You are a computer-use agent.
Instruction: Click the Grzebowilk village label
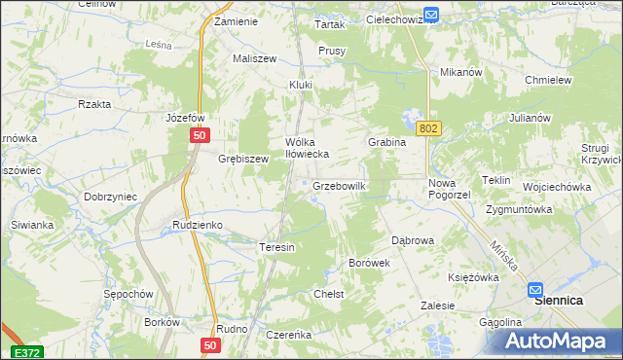point(338,186)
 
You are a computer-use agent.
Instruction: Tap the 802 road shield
point(426,128)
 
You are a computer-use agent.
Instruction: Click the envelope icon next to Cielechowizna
point(432,15)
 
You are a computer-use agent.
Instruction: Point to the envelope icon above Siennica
point(536,289)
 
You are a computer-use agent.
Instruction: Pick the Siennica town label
point(559,302)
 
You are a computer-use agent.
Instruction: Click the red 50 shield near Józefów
point(199,136)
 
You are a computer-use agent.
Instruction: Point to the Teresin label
point(276,247)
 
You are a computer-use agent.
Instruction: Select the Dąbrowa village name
point(412,239)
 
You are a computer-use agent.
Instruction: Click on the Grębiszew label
point(242,159)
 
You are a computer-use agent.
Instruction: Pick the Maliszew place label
point(254,58)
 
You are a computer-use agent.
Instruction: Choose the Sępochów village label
point(128,293)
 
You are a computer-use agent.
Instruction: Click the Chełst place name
point(328,294)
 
